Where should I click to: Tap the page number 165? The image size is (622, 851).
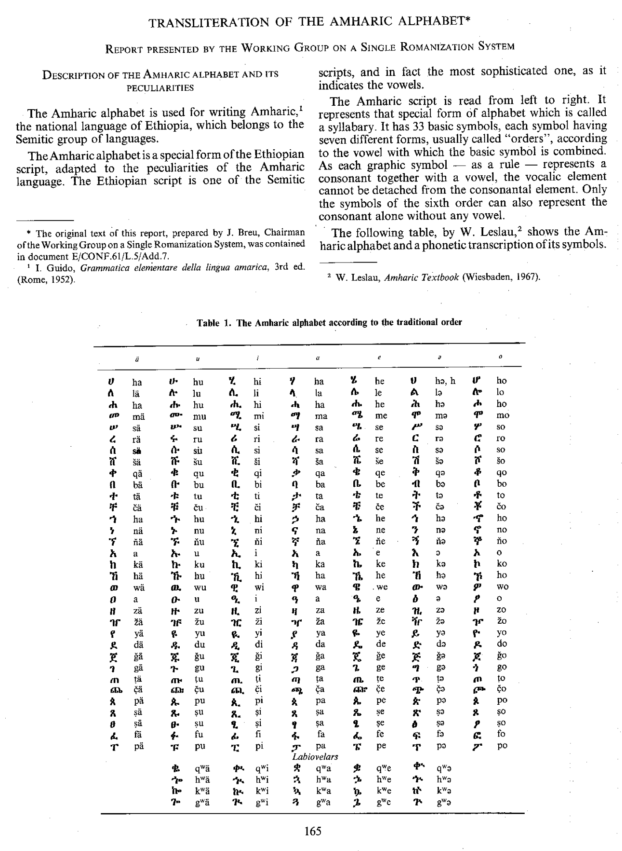coord(313,831)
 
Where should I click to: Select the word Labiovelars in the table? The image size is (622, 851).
coord(315,757)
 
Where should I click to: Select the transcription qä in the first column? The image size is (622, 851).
coord(137,473)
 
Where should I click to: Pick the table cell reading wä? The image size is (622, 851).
coord(138,588)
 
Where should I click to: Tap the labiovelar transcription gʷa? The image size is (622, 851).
coord(323,803)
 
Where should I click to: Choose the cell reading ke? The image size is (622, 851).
coord(381,564)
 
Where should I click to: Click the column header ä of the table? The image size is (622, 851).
coord(137,359)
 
